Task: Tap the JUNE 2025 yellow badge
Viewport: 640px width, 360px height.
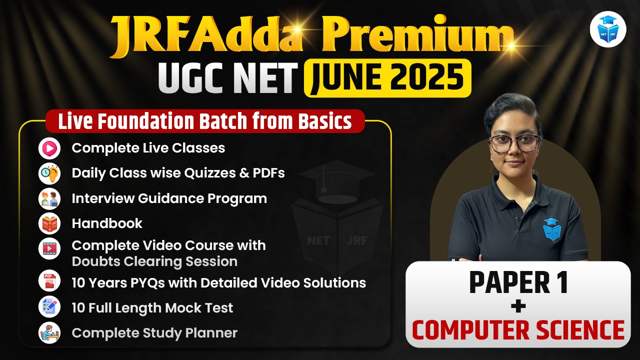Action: point(387,78)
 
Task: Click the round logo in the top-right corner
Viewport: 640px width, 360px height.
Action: point(608,29)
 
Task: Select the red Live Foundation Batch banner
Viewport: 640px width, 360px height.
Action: point(205,121)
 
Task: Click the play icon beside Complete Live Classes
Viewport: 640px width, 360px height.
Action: point(49,148)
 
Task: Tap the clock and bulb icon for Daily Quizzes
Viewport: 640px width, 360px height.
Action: point(49,173)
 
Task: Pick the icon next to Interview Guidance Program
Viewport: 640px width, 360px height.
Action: point(49,198)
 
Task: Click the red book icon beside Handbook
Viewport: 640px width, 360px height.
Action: point(49,223)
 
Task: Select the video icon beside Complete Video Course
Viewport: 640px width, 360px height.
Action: point(49,248)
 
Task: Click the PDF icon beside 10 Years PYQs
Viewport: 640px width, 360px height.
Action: point(49,280)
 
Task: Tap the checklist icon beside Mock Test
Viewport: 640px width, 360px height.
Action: point(49,306)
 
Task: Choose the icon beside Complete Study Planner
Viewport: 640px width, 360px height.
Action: point(49,332)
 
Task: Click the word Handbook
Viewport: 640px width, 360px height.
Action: point(107,223)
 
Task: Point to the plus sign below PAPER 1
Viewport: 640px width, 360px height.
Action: point(518,306)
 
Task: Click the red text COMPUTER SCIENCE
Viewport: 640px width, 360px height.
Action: point(518,330)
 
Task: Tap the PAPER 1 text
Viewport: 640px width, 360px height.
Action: point(518,283)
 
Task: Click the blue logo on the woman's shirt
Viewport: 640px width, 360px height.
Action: point(551,229)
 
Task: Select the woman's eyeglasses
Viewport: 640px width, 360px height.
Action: point(514,143)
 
